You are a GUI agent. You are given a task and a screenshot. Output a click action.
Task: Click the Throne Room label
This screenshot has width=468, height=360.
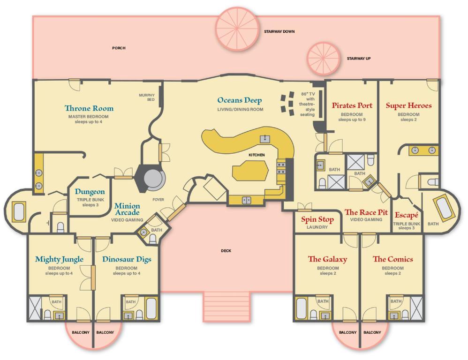pos(89,108)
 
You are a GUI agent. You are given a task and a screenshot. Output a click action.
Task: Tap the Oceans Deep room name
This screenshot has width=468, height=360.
pos(239,100)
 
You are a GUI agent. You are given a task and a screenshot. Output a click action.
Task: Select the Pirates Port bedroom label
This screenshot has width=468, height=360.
pos(352,105)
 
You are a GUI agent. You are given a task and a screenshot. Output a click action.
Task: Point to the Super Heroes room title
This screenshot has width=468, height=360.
pos(408,105)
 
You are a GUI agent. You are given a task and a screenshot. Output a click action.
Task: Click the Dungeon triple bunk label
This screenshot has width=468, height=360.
pos(90,191)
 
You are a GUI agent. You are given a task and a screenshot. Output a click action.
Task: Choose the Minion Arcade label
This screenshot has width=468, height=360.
pos(127,209)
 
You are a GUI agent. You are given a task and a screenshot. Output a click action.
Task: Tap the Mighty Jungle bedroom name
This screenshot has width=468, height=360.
pos(59,260)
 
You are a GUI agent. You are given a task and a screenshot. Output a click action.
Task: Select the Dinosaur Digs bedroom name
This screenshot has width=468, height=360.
pos(127,260)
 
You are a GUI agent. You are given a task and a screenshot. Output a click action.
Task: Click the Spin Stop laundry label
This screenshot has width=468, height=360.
pos(317,219)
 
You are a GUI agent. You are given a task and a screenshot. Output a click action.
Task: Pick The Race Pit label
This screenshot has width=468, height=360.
pos(366,212)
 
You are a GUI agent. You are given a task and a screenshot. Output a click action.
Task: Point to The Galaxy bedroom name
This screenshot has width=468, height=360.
pos(327,259)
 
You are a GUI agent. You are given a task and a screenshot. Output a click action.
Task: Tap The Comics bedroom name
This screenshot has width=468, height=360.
pos(393,259)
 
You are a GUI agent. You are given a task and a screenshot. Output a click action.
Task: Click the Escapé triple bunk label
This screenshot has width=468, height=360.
pos(406,215)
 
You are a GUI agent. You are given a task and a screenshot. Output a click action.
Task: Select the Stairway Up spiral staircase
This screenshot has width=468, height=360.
pos(324,58)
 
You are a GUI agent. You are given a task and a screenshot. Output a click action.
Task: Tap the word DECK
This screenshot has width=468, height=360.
pos(226,251)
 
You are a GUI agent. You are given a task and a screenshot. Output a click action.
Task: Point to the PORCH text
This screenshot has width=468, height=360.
pos(119,48)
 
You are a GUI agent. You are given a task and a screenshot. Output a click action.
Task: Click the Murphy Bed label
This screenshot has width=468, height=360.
pos(147,97)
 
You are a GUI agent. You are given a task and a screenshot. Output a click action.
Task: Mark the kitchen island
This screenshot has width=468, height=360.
pos(250,170)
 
